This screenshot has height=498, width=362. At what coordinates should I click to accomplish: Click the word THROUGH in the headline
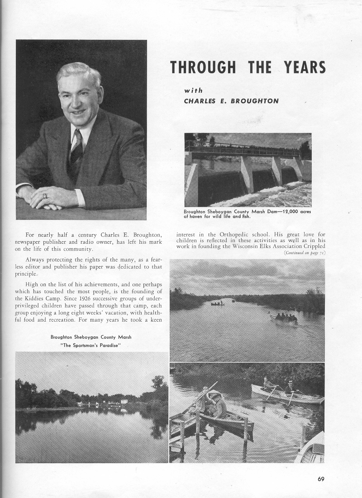point(203,67)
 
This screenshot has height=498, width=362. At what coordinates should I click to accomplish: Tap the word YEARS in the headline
point(305,67)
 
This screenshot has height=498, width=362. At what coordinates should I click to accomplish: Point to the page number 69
point(321,480)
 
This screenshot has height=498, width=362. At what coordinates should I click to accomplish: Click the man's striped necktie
point(76,149)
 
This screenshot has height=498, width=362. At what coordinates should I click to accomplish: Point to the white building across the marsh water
point(124,401)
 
